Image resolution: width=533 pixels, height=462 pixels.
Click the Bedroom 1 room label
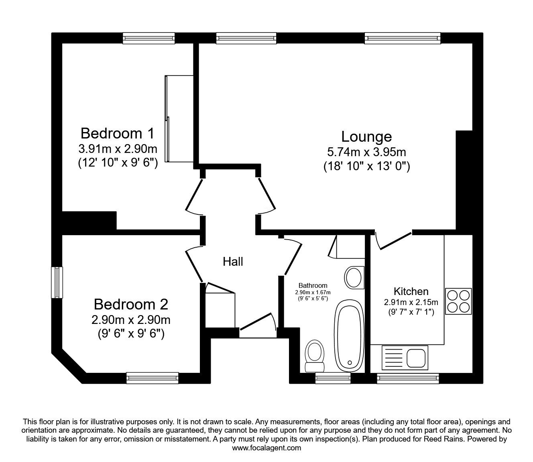(x=117, y=133)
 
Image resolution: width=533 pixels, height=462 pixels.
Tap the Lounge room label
(x=366, y=137)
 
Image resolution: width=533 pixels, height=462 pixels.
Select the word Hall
(x=233, y=262)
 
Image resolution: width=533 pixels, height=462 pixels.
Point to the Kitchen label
(x=411, y=291)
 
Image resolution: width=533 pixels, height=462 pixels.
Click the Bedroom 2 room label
(x=131, y=304)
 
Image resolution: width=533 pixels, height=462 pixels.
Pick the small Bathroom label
(x=313, y=285)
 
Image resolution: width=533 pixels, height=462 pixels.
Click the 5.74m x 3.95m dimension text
(x=366, y=152)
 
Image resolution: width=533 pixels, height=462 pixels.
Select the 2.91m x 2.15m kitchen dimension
(x=411, y=302)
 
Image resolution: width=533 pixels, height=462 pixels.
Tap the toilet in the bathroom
(x=315, y=356)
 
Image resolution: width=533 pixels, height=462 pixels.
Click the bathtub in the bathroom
(x=350, y=336)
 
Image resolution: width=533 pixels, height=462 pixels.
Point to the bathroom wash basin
(x=354, y=277)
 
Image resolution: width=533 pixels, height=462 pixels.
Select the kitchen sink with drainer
(x=405, y=358)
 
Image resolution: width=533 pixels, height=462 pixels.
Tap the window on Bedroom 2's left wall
(x=57, y=283)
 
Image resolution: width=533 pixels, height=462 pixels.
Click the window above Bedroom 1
(x=149, y=38)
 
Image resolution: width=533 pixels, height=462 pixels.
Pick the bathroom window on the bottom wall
(x=333, y=378)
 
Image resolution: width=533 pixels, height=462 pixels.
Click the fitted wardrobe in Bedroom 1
(x=179, y=119)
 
